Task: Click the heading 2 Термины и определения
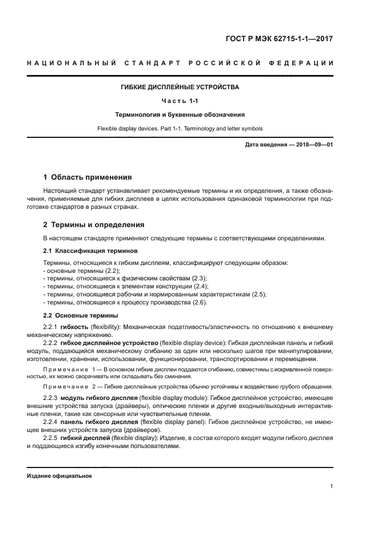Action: pos(94,224)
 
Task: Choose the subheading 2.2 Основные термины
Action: pos(81,315)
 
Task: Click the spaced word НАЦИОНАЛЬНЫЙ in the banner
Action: pos(70,62)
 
